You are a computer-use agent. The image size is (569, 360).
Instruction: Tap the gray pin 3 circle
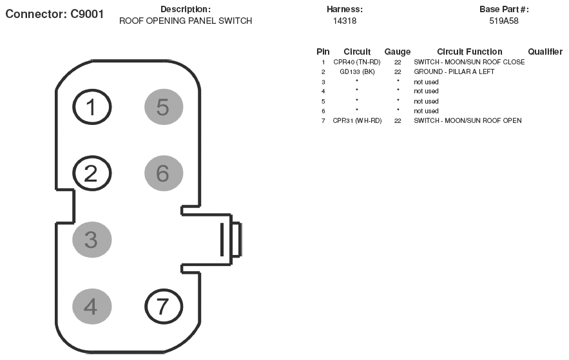tap(92, 240)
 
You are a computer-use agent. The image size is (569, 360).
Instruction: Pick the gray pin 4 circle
tap(92, 307)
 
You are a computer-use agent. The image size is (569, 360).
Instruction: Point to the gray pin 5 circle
tap(164, 107)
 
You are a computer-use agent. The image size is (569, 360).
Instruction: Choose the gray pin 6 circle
tap(164, 173)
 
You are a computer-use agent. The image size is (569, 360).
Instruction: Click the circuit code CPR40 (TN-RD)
tap(357, 62)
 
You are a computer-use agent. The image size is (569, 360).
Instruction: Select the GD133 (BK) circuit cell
tap(357, 71)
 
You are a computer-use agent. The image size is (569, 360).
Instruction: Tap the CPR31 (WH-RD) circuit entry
tap(357, 120)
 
